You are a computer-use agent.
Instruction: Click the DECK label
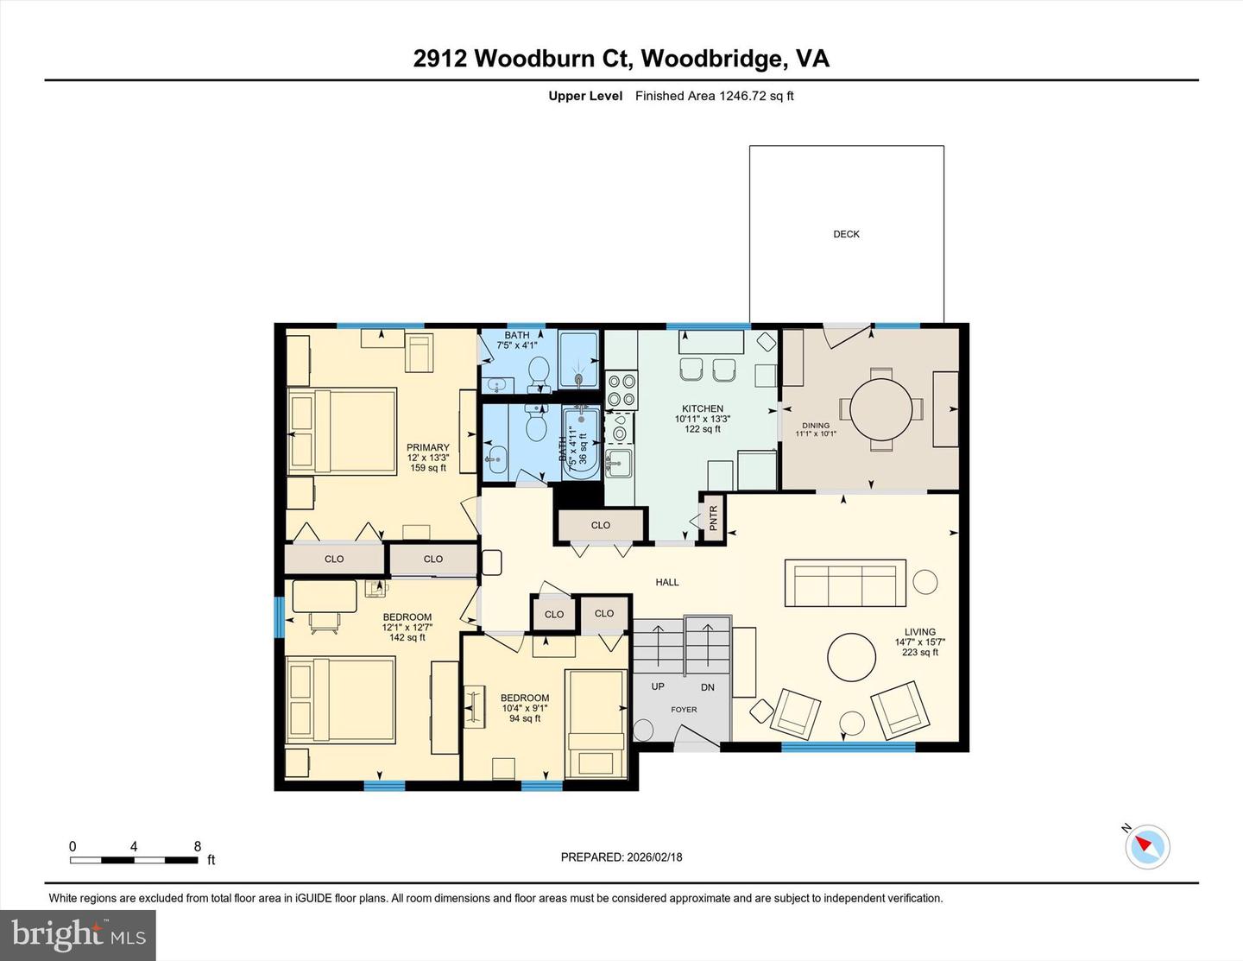click(846, 234)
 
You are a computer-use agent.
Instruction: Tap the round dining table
click(880, 409)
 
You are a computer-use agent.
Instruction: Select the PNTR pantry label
click(713, 518)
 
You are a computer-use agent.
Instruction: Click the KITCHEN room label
click(703, 408)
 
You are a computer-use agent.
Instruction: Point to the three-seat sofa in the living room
click(845, 583)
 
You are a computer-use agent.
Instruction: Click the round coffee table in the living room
click(852, 658)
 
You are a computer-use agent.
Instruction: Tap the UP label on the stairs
click(658, 686)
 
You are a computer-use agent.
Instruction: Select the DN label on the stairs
click(708, 687)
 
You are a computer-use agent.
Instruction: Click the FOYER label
click(684, 710)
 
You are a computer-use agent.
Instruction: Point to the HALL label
click(667, 582)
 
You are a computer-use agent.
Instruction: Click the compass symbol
click(1147, 846)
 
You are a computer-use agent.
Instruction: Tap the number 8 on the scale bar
click(198, 846)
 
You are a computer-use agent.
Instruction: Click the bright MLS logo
click(78, 935)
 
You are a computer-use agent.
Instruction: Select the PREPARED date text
click(621, 857)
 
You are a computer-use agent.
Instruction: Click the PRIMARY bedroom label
click(428, 447)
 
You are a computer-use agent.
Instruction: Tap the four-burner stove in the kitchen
click(621, 389)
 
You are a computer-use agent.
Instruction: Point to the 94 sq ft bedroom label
click(525, 708)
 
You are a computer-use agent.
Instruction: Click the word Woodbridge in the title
click(713, 58)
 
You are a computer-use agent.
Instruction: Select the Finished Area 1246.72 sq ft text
click(714, 96)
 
